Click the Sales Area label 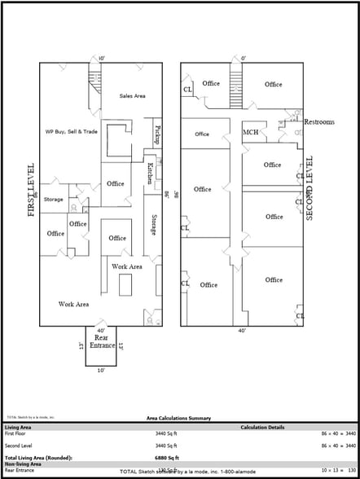pos(132,96)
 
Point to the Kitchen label pos(149,174)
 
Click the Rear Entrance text pos(102,342)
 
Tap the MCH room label pos(251,132)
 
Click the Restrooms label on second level pos(318,122)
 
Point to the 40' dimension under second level pos(242,331)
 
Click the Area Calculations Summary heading pos(178,418)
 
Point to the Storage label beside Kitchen pos(154,226)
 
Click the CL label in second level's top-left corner pos(187,89)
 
